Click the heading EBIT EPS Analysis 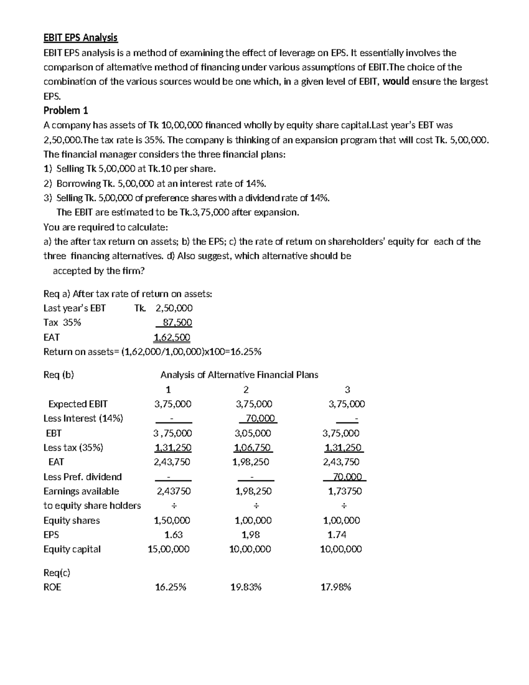[x=80, y=37]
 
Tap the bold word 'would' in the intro [x=396, y=81]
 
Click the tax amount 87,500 [x=177, y=322]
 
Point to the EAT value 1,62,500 [x=172, y=337]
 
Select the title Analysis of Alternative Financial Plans [x=239, y=375]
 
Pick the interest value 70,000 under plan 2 [x=260, y=418]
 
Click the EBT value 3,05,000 [x=253, y=433]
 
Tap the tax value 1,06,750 [x=253, y=448]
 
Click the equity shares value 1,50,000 [x=172, y=520]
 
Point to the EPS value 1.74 [x=337, y=535]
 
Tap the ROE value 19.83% [x=246, y=587]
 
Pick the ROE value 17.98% [x=336, y=587]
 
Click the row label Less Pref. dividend [x=82, y=477]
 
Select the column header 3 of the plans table [x=347, y=389]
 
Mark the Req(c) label [x=57, y=573]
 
